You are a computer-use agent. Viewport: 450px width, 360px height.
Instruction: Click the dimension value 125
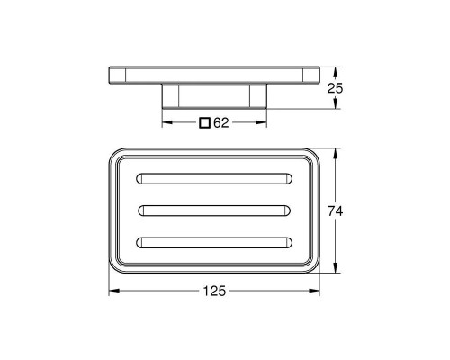pos(214,292)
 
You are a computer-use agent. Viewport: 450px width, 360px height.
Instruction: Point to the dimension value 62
pos(222,122)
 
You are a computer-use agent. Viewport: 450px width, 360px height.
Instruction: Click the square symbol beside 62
pos(206,122)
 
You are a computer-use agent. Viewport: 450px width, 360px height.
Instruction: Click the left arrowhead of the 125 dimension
pos(112,292)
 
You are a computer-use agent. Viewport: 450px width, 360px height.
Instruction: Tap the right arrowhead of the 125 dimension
pos(318,292)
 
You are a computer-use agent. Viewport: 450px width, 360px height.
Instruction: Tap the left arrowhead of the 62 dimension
pos(165,122)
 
